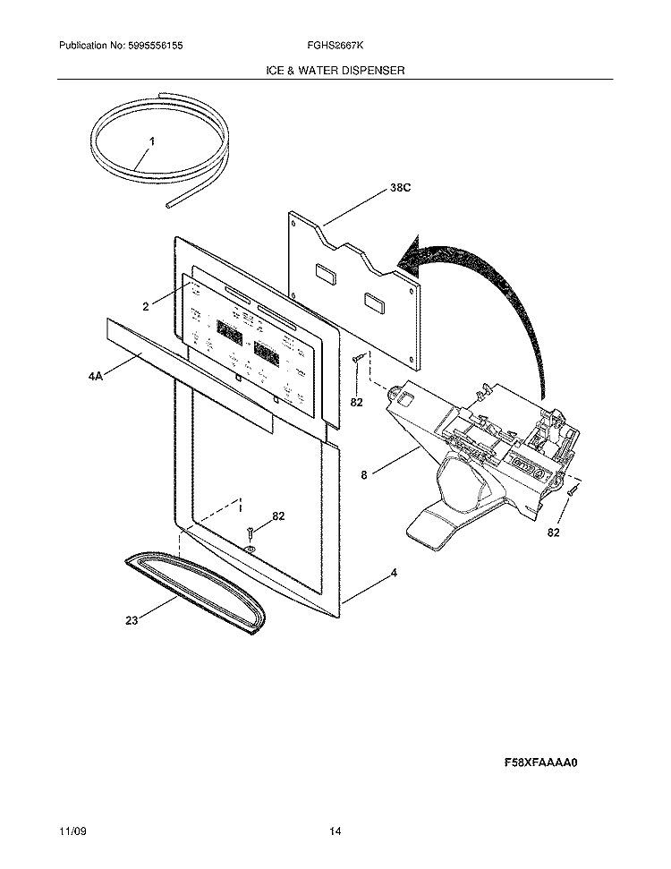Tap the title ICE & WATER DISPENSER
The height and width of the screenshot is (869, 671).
335,69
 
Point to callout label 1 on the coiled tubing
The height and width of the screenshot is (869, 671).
152,141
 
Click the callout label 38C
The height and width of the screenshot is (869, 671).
402,188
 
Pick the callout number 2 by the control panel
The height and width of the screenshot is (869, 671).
145,306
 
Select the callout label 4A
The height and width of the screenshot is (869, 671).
96,378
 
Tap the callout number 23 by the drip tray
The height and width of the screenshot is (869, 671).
132,619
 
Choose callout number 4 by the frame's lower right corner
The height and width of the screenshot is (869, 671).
393,572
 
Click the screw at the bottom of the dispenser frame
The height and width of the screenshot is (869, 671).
251,534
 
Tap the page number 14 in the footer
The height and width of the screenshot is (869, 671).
335,832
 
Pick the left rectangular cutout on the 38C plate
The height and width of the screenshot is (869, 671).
324,273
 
